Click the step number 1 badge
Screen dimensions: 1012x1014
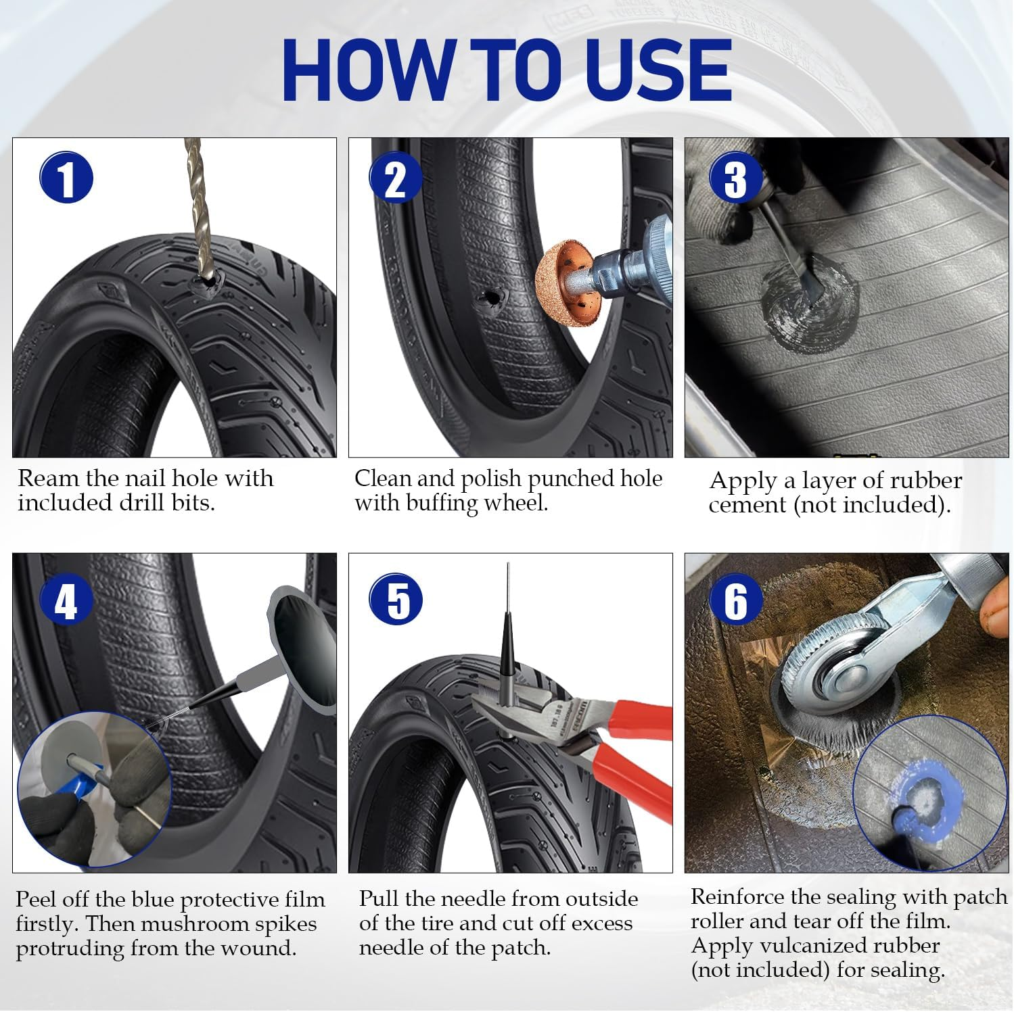(x=66, y=178)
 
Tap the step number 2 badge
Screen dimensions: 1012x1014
(x=396, y=178)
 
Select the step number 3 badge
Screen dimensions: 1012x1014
(x=735, y=178)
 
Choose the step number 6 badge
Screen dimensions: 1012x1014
(x=735, y=599)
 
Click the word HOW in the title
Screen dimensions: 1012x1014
(x=369, y=71)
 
